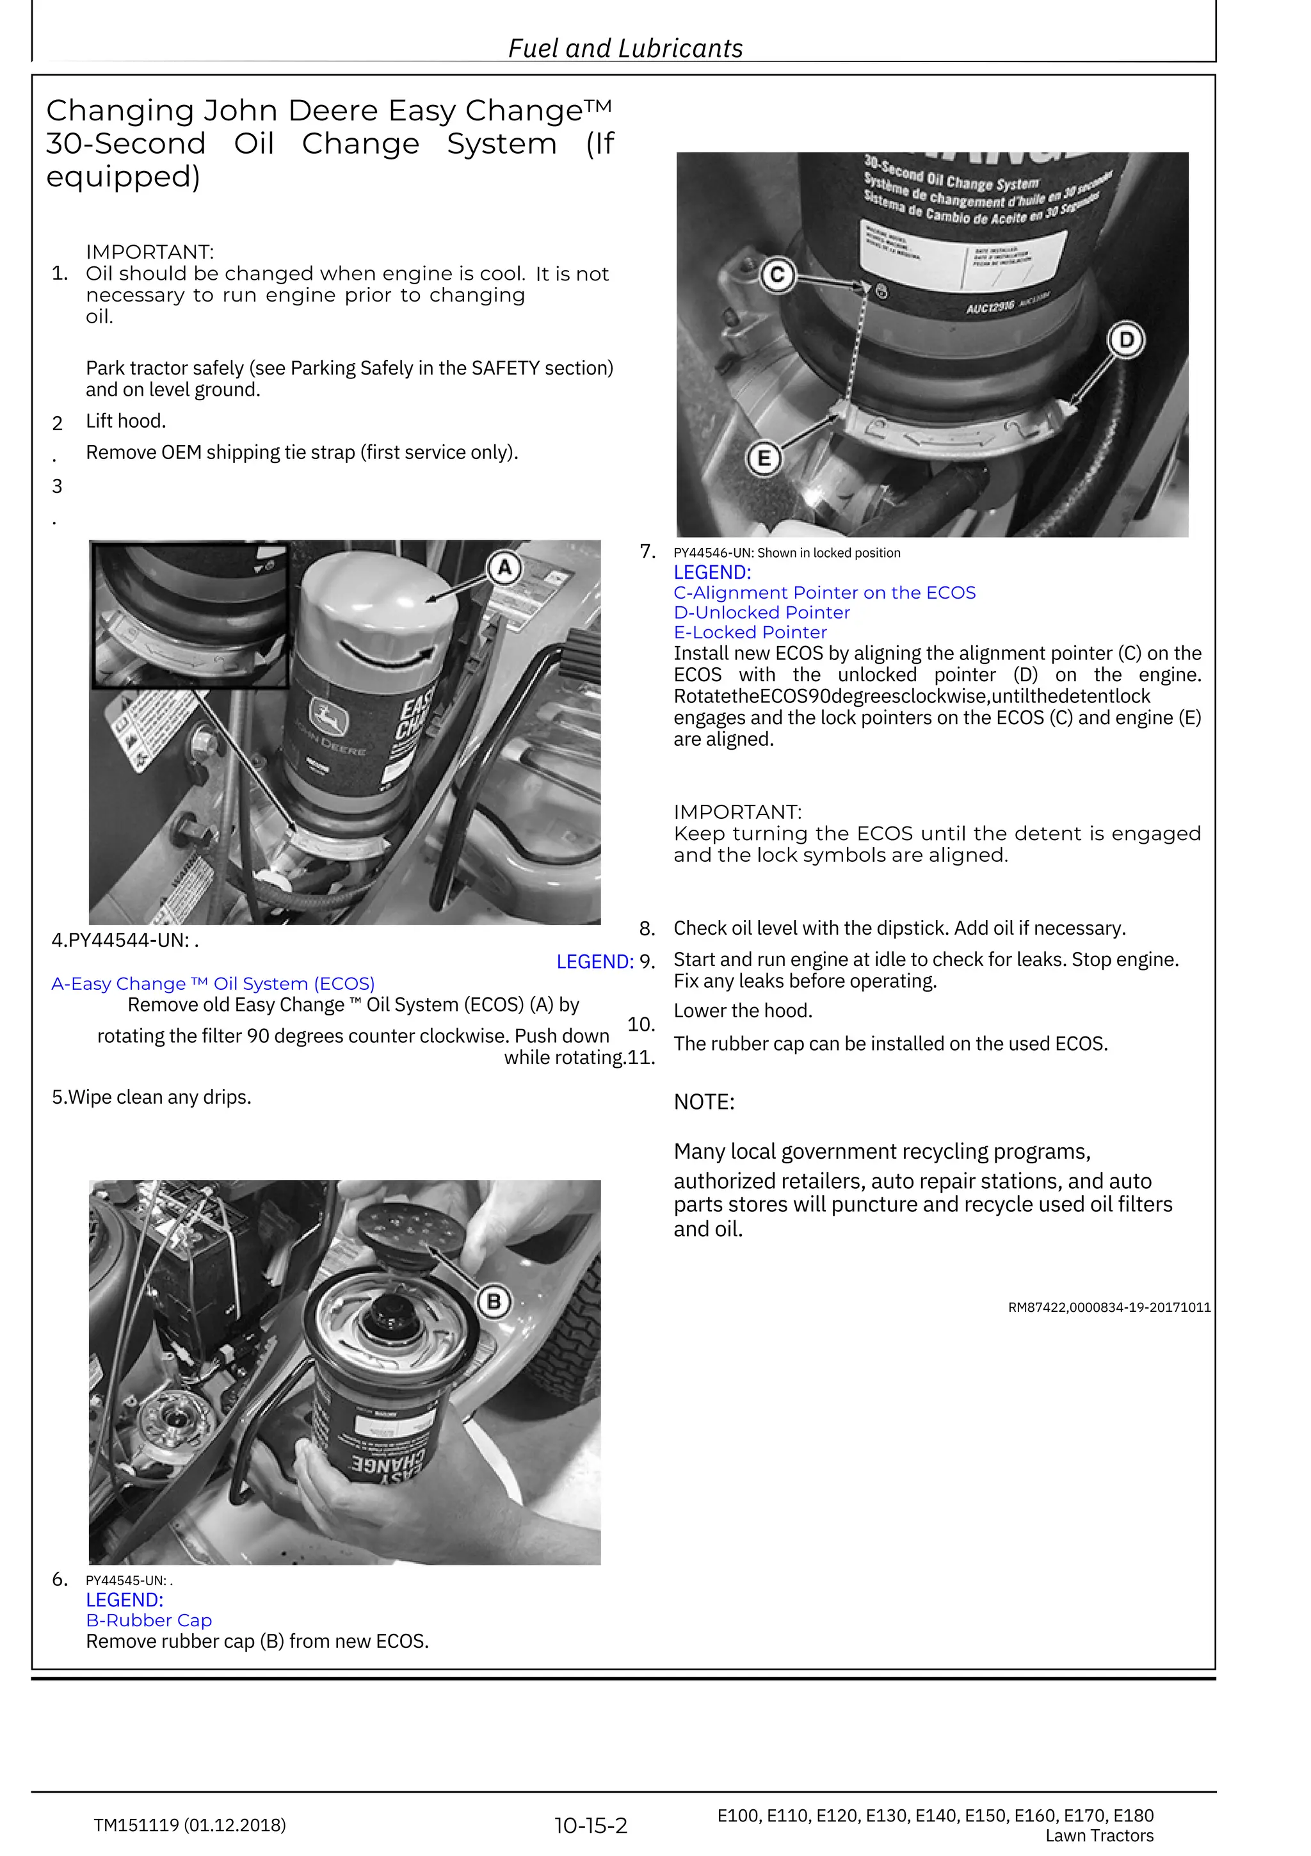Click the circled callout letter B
tap(493, 1302)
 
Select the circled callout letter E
tap(764, 459)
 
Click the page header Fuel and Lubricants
tap(625, 49)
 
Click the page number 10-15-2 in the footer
tap(590, 1825)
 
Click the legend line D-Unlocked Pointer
tap(761, 613)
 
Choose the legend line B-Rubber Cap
tap(149, 1620)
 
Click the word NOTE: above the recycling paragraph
tap(704, 1102)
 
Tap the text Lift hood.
tap(125, 421)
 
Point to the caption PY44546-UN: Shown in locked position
tap(787, 553)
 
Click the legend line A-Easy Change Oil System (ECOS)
tap(213, 984)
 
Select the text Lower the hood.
tap(743, 1010)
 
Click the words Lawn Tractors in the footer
tap(1098, 1836)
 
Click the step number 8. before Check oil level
tap(647, 928)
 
